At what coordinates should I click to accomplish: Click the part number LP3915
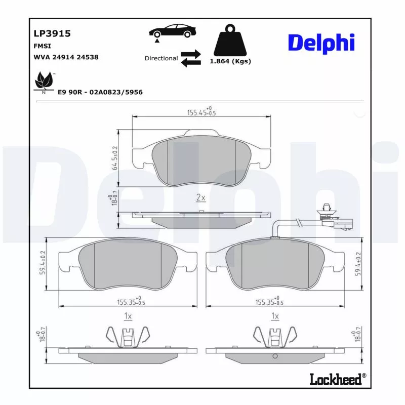52,33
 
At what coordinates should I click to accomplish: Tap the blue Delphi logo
321,43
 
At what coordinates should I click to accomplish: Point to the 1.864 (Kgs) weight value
230,61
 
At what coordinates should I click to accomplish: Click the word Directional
161,58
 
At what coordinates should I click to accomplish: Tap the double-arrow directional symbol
191,58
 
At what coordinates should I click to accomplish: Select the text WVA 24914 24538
66,57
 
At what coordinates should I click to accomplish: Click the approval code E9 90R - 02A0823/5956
100,92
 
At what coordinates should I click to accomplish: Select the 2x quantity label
200,197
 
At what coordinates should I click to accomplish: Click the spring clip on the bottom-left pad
128,337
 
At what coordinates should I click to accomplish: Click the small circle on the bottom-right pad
275,356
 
